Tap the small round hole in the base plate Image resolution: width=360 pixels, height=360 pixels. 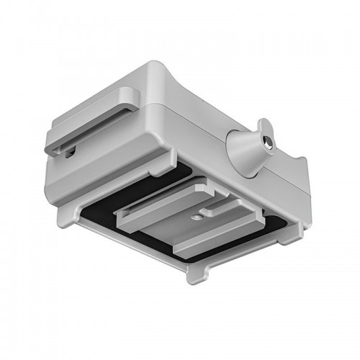click(x=197, y=215)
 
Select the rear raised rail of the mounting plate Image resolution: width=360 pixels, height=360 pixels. click(x=162, y=198)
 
